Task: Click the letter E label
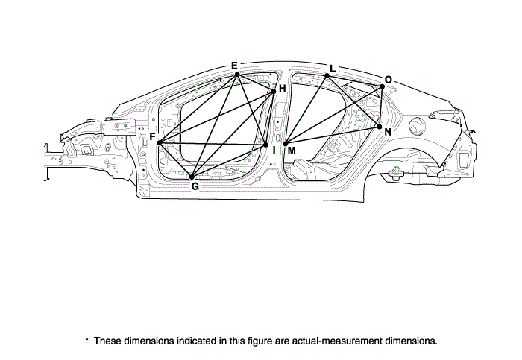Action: (x=234, y=66)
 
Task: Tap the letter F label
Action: (x=152, y=137)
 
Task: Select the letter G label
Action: (x=195, y=186)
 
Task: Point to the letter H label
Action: (x=282, y=89)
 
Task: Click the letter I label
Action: (x=274, y=150)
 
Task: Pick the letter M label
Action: (x=291, y=151)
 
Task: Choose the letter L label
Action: (x=332, y=69)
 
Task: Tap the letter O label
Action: (x=388, y=79)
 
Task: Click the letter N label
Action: (x=387, y=131)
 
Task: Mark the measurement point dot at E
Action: (x=236, y=74)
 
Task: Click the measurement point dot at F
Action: (x=160, y=142)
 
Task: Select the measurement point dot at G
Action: (x=193, y=177)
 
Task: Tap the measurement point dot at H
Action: (x=274, y=91)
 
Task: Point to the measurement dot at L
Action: (x=327, y=76)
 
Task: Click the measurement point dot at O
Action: (x=382, y=86)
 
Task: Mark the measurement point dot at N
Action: (x=379, y=127)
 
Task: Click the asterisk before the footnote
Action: (x=87, y=340)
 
